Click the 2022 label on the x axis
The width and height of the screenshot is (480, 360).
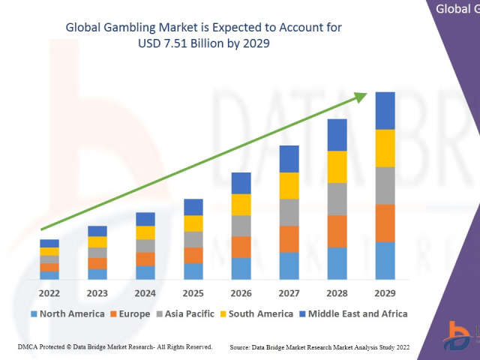(x=49, y=293)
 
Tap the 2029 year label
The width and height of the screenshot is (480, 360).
(x=385, y=293)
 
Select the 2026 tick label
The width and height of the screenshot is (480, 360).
(x=241, y=293)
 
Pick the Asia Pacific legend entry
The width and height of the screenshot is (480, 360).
(x=188, y=313)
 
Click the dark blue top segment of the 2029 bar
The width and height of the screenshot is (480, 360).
(x=385, y=111)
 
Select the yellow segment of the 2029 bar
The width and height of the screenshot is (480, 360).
(x=385, y=148)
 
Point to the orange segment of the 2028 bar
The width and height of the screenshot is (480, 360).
(x=337, y=231)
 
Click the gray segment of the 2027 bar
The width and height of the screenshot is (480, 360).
(x=289, y=212)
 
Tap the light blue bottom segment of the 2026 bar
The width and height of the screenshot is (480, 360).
(x=241, y=268)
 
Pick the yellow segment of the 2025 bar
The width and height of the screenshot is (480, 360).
(x=193, y=223)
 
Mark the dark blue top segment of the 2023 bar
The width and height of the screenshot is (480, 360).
(x=97, y=231)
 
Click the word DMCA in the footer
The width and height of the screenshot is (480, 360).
(x=28, y=347)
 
